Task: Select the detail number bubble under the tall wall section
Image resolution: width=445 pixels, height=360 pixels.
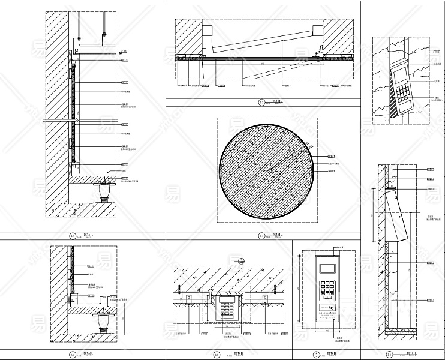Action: point(72,235)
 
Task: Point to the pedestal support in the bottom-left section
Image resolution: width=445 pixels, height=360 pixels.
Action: point(103,322)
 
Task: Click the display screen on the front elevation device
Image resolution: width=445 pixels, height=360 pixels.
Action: point(327,268)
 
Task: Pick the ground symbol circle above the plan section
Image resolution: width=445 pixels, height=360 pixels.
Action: point(240,261)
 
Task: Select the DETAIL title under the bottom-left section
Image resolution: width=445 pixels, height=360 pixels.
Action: point(88,353)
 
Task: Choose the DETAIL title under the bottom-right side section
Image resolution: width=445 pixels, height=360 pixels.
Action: point(407,353)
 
